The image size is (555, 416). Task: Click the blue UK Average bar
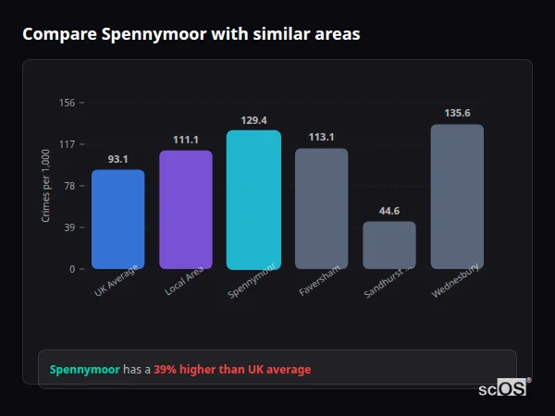pos(117,219)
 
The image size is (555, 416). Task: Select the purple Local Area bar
pos(186,210)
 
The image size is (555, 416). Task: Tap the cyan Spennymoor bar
pos(253,200)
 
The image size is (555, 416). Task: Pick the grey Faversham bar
pos(321,209)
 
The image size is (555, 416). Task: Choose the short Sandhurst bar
pos(389,245)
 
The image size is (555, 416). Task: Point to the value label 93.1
pos(117,159)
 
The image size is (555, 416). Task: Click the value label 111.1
pos(186,140)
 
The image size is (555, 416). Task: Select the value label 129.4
pos(253,120)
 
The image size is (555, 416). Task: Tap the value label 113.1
pos(321,138)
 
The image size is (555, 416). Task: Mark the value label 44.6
pos(389,211)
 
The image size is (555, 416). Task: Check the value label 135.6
pos(457,114)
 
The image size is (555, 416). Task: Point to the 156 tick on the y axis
pos(67,103)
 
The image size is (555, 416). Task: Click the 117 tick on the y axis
pos(67,144)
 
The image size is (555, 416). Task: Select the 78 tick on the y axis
pos(68,186)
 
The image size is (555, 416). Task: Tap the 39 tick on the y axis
pos(68,227)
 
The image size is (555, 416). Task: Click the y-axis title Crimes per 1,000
pos(46,186)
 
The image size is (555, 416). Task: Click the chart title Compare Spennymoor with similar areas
pos(191,34)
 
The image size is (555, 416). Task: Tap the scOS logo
pos(503,389)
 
